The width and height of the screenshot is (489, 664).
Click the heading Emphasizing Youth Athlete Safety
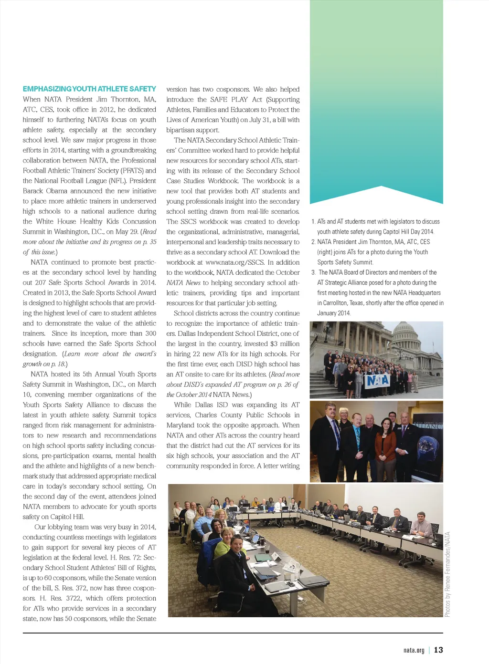tap(89, 89)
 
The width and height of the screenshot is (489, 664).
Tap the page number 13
tap(438, 650)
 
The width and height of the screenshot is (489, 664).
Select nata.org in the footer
tap(414, 650)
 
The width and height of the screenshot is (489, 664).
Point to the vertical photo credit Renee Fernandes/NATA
tap(447, 574)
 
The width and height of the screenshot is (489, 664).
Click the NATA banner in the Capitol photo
tap(378, 380)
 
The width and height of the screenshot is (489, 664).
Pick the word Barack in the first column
tap(33, 191)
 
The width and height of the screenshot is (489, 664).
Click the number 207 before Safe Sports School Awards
tap(41, 282)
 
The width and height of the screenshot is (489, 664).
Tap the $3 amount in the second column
tap(274, 343)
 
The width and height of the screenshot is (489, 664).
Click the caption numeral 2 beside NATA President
tap(313, 242)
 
